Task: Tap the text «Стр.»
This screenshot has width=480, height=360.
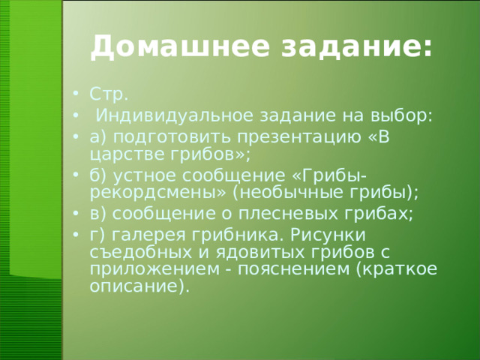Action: point(109,95)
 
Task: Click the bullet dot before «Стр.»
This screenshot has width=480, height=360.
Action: point(78,96)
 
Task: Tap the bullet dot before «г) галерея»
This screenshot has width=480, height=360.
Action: point(78,235)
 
